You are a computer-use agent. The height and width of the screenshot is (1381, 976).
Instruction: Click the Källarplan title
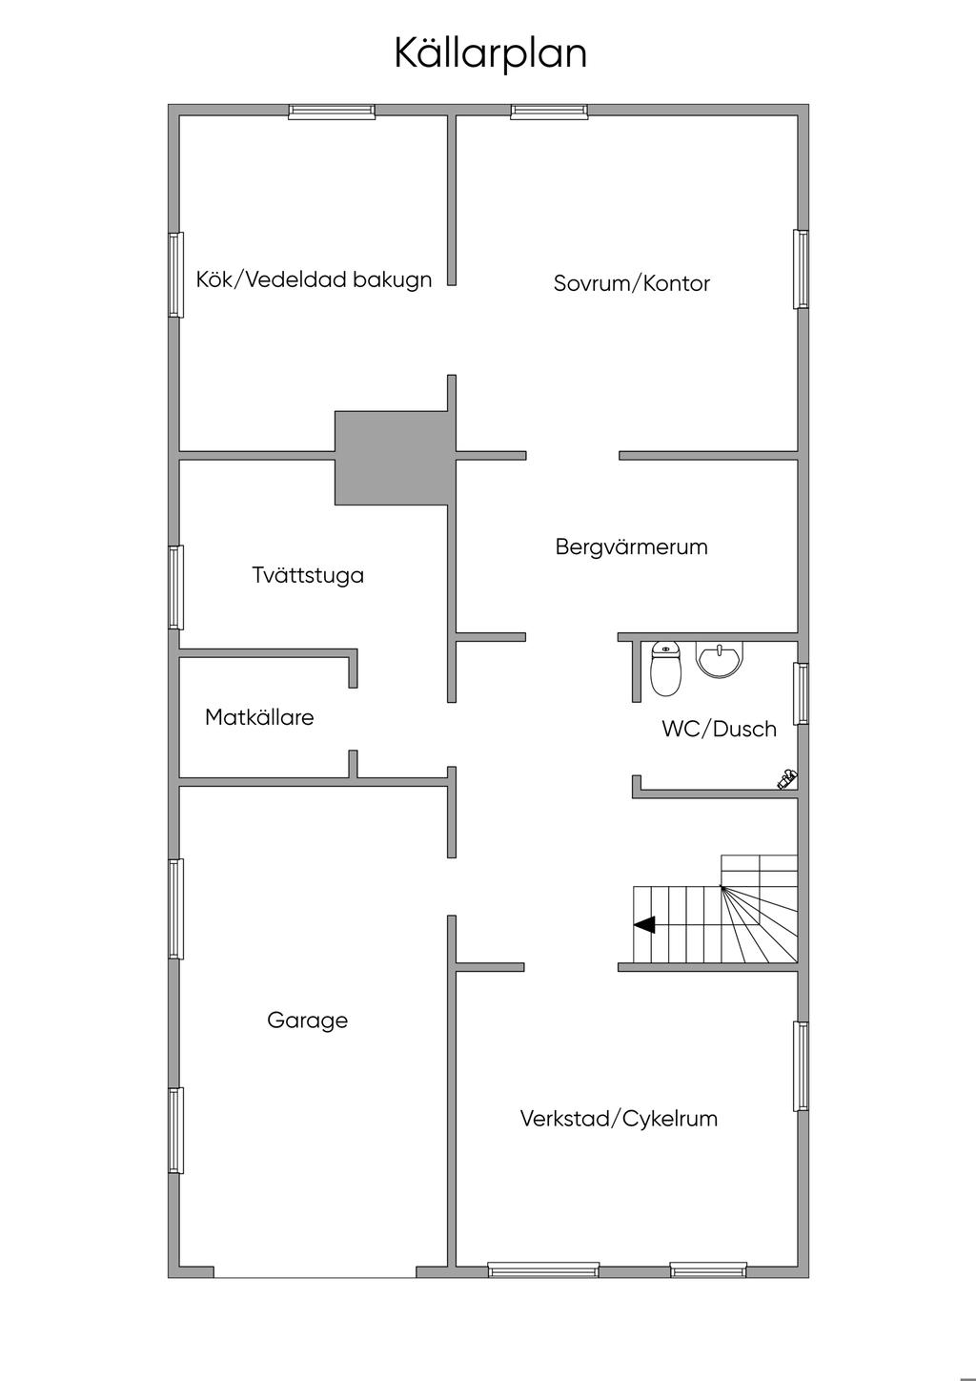pyautogui.click(x=491, y=54)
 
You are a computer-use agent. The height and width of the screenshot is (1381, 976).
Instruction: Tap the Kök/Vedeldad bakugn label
pyautogui.click(x=314, y=279)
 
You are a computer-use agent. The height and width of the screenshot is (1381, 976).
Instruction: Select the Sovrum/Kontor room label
pyautogui.click(x=632, y=283)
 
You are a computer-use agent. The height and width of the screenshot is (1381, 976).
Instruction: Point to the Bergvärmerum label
pyautogui.click(x=632, y=546)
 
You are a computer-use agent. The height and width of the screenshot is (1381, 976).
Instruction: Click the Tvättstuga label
pyautogui.click(x=308, y=575)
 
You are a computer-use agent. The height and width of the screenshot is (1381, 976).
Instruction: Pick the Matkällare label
pyautogui.click(x=259, y=717)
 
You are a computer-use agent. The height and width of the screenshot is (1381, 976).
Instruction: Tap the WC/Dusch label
pyautogui.click(x=719, y=729)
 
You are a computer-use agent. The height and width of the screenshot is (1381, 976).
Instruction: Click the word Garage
pyautogui.click(x=308, y=1020)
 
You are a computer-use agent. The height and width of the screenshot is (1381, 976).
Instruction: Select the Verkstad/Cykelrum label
pyautogui.click(x=619, y=1119)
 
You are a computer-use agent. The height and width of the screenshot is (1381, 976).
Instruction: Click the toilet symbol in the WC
pyautogui.click(x=666, y=669)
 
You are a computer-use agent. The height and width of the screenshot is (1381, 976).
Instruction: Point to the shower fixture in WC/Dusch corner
pyautogui.click(x=787, y=779)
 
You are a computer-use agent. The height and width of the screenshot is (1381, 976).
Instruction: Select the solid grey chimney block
pyautogui.click(x=392, y=458)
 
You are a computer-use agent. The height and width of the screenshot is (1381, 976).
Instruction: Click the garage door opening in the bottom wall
pyautogui.click(x=315, y=1272)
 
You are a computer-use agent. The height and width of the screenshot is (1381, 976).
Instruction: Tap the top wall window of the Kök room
pyautogui.click(x=332, y=111)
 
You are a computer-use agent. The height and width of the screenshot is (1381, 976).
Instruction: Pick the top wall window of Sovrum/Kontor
pyautogui.click(x=549, y=111)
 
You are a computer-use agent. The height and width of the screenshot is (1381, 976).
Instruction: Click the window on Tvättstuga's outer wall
pyautogui.click(x=176, y=587)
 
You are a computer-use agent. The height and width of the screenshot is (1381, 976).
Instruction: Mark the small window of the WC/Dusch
pyautogui.click(x=801, y=693)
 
